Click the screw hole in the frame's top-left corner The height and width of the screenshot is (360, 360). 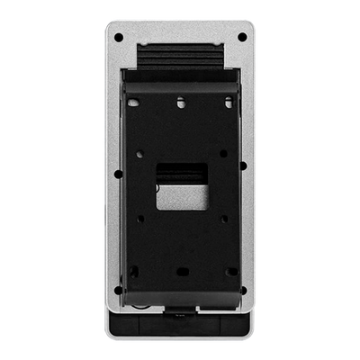(x=118, y=38)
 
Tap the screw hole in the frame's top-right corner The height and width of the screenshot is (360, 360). (x=242, y=38)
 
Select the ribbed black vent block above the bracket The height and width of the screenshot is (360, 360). (x=180, y=59)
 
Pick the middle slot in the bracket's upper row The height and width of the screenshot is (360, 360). (x=180, y=103)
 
